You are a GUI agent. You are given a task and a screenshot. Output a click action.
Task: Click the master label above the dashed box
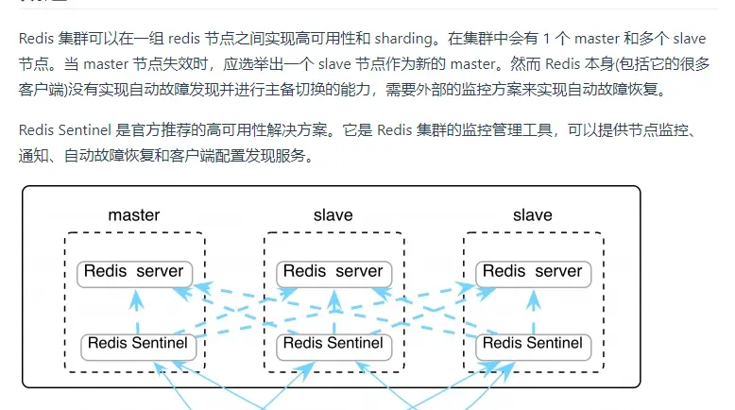133,214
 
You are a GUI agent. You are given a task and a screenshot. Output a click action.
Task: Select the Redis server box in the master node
134,272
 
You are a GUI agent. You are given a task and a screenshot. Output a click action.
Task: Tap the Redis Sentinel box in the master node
137,344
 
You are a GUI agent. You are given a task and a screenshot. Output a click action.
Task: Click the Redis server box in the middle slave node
333,272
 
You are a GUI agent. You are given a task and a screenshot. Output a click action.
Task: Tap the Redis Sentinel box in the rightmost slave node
533,344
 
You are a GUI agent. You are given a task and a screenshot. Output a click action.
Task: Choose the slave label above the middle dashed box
333,214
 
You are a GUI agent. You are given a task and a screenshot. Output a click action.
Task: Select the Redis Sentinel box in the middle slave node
333,344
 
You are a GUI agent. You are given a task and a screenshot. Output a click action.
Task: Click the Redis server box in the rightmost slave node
533,272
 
